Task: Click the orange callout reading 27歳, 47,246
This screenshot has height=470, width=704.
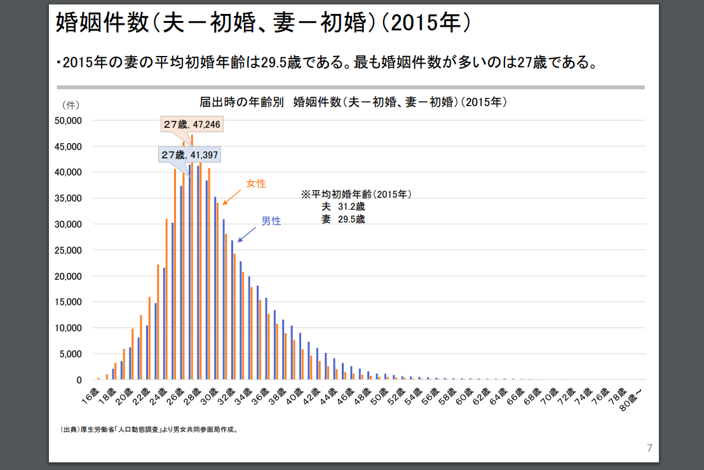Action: [191, 125]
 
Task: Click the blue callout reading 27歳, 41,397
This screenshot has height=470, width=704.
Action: [190, 155]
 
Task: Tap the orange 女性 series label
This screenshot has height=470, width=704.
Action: [256, 184]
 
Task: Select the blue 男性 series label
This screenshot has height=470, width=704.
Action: [271, 221]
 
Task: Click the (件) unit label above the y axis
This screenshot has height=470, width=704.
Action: [71, 104]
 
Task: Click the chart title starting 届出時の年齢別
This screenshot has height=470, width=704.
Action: [353, 102]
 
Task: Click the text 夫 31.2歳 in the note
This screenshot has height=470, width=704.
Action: [343, 207]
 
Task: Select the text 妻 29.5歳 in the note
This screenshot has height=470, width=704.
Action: [343, 219]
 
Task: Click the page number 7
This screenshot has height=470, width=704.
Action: [649, 448]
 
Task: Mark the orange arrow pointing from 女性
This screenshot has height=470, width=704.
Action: [231, 196]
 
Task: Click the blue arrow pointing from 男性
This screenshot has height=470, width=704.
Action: [247, 233]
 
